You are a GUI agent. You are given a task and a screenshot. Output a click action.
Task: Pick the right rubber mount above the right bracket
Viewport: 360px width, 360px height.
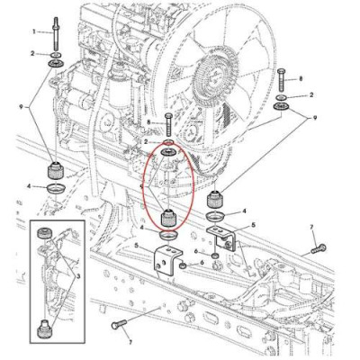point(216,200)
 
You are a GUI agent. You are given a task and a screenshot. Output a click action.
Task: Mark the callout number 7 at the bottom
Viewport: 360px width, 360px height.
point(130,343)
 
